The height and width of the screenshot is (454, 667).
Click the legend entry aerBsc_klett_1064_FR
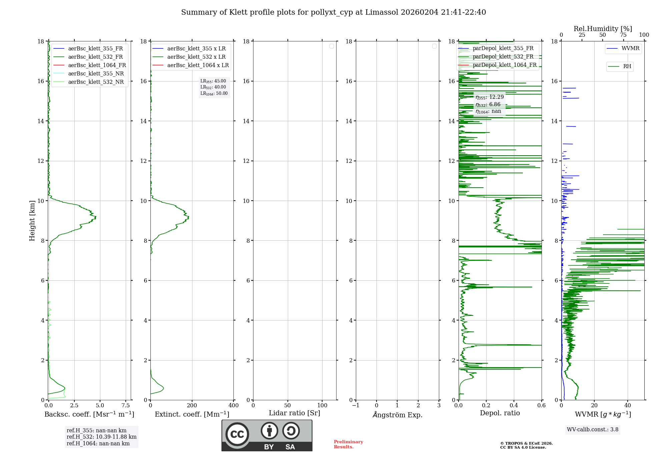coord(89,65)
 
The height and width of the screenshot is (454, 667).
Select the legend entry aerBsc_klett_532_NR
coord(88,82)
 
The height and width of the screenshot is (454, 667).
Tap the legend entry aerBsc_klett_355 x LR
coord(189,48)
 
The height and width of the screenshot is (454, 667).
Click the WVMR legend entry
coord(623,48)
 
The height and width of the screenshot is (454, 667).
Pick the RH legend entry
coord(620,66)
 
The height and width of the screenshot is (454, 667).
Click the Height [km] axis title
coord(32,221)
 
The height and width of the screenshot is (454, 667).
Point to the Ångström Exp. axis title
coord(398,415)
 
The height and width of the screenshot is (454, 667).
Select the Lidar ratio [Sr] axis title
coord(294,413)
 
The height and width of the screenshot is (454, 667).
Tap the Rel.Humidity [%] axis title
coord(603,29)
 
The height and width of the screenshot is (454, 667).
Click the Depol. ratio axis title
coord(500,413)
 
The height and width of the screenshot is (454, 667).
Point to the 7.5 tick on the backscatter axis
coord(126,405)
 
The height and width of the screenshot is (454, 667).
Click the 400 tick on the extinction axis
coord(233,405)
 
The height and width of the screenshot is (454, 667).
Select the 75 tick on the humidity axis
coord(623,35)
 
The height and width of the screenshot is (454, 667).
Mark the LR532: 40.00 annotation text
coord(213,87)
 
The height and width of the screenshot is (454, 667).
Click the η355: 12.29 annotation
coord(490,97)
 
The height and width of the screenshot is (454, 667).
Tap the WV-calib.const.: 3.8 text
coord(593,430)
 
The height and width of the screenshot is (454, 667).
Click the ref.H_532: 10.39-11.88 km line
coord(101,437)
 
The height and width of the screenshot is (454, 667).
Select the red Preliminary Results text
coord(348,444)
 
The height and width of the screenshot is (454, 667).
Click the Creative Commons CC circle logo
coord(237,434)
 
